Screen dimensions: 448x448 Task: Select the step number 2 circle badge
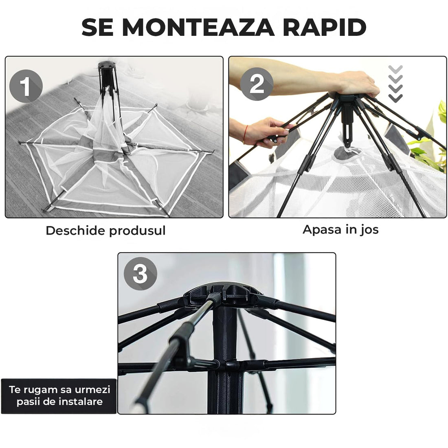257,85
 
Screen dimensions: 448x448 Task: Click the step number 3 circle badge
140,273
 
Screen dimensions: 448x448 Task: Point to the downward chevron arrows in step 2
395,83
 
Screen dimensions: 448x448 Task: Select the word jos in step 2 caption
369,230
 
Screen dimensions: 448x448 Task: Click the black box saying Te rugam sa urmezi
59,395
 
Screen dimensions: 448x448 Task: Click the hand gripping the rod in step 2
267,130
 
